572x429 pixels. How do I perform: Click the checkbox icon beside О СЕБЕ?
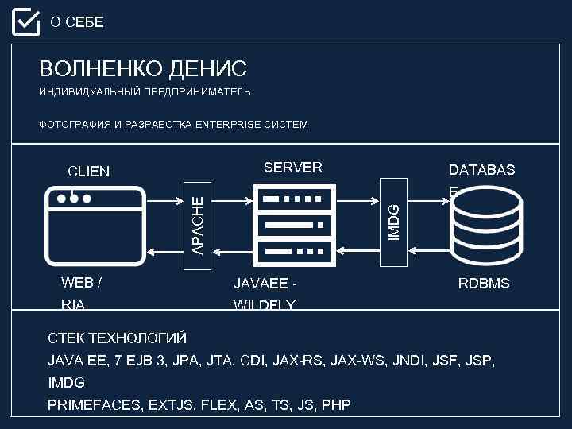tap(25, 22)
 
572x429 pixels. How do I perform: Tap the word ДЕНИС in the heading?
tap(208, 68)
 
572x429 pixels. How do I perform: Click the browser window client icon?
tap(96, 225)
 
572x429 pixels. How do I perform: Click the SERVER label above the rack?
tap(293, 168)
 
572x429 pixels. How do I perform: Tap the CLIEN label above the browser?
tap(89, 171)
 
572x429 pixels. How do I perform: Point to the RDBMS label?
tap(484, 284)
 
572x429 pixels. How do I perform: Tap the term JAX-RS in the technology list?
tap(295, 361)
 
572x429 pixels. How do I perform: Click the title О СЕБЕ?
tap(77, 22)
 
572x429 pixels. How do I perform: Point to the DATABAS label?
tap(481, 170)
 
